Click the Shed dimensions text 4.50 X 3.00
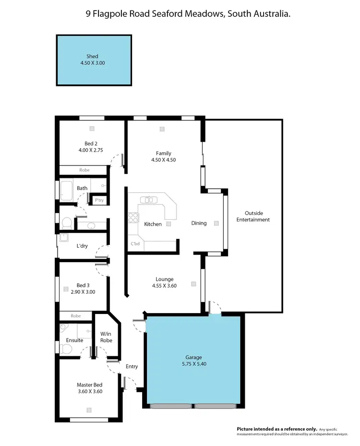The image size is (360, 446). [x=93, y=63]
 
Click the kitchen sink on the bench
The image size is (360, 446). [x=149, y=199]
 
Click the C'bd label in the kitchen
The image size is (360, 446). [x=135, y=244]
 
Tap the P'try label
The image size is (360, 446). [x=99, y=200]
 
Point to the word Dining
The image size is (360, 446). [x=199, y=223]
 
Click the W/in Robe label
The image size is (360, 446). [x=106, y=337]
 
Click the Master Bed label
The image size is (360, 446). [x=89, y=385]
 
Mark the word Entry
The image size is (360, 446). [x=132, y=366]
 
